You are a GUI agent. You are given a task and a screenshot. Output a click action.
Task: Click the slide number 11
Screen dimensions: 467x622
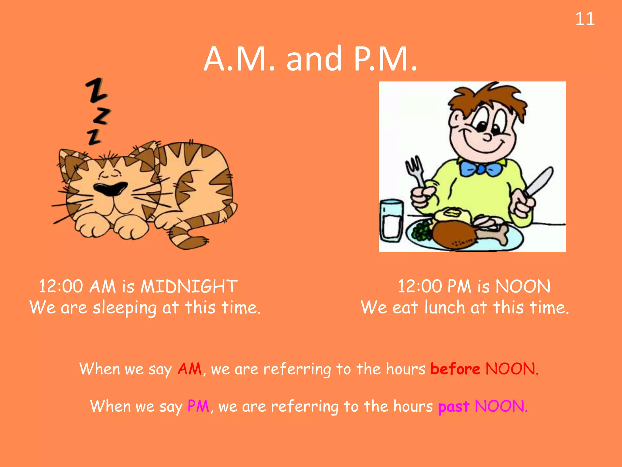pyautogui.click(x=585, y=19)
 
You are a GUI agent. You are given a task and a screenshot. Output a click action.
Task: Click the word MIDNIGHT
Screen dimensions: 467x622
pyautogui.click(x=189, y=286)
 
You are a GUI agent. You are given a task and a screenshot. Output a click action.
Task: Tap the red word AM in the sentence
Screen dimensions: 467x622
pyautogui.click(x=190, y=369)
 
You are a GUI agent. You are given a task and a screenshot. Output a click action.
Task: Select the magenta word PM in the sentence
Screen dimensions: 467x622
pyautogui.click(x=198, y=406)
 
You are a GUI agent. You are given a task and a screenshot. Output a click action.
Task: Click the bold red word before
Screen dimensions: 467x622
pyautogui.click(x=455, y=369)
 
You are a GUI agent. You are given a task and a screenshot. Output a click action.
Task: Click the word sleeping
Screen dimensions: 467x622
pyautogui.click(x=125, y=308)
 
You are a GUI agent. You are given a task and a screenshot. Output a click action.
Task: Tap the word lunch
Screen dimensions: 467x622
pyautogui.click(x=444, y=307)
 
